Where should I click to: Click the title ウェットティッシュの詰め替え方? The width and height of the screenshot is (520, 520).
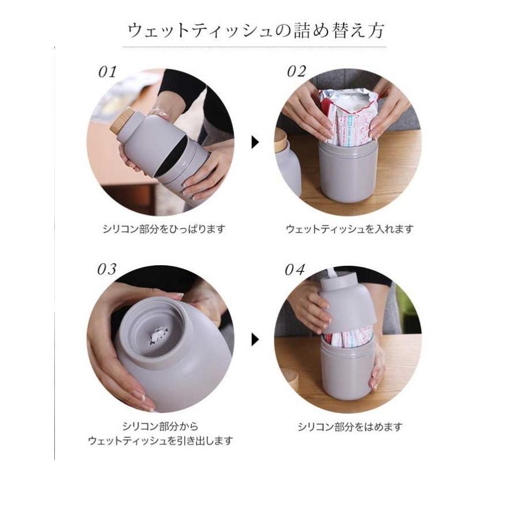256,30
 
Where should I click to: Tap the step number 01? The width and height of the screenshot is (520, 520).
107,72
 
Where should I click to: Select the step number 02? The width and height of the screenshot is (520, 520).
296,72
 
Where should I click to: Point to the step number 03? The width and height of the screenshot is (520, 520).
107,270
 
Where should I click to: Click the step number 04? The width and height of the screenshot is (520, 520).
295,270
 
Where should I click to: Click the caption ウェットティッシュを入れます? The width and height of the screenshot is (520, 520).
350,229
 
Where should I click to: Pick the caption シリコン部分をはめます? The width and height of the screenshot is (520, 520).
350,428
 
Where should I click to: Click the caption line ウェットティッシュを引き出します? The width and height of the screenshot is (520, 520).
160,441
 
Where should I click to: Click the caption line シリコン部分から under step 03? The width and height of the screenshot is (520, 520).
160,427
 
